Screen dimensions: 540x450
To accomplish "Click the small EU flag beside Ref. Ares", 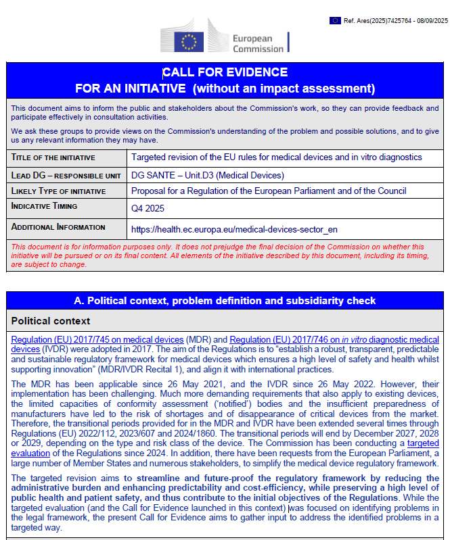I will click(335, 20).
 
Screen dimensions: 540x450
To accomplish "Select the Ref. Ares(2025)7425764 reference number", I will click(395, 20).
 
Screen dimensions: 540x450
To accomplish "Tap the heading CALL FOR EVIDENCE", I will click(225, 72).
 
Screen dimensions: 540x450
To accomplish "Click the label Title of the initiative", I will click(53, 157).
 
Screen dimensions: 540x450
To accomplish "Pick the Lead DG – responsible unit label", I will click(66, 175).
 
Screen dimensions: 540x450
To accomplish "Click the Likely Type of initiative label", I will click(59, 191).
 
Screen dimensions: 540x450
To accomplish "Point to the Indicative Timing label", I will click(45, 206).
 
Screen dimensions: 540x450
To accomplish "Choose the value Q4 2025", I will click(148, 209).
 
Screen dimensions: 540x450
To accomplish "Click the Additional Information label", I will click(59, 227).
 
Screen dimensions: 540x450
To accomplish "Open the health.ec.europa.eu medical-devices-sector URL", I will click(234, 229).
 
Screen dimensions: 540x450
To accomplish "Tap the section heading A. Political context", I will click(225, 300).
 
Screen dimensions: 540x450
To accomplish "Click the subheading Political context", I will click(51, 321).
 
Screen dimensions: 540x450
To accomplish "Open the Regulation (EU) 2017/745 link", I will click(97, 339).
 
